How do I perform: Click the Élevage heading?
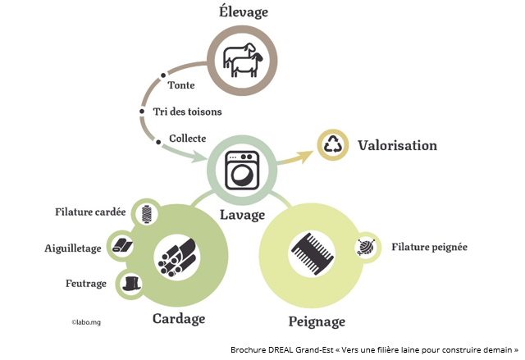click(244, 12)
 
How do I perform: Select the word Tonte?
click(180, 85)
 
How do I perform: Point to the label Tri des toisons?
click(187, 112)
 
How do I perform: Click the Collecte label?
click(187, 138)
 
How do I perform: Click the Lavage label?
click(242, 215)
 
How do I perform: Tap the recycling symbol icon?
click(333, 146)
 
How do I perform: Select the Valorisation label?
click(397, 146)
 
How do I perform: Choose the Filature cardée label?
click(90, 212)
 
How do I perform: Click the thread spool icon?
click(146, 214)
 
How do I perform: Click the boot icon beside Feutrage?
click(130, 284)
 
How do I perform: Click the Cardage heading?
click(178, 318)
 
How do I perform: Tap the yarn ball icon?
click(367, 247)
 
